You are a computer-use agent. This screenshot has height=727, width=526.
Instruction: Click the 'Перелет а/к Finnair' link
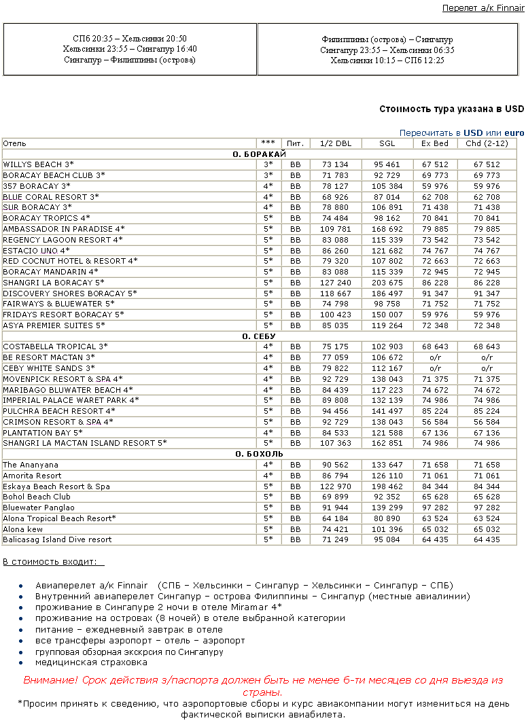483,8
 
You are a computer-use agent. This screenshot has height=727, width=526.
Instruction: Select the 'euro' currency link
514,132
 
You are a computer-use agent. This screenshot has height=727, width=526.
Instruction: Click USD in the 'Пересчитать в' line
473,132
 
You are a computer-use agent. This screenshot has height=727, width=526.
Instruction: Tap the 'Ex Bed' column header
435,143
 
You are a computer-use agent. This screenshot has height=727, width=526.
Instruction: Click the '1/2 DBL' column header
336,143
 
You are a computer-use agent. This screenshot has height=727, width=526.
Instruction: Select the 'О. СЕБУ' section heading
263,336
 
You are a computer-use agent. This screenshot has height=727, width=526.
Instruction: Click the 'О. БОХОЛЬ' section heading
263,454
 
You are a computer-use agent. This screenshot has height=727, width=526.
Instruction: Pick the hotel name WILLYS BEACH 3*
38,164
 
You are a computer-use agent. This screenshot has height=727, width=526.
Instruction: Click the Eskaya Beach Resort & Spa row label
56,486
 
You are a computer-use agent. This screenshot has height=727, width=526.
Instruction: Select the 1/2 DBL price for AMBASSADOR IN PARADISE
336,229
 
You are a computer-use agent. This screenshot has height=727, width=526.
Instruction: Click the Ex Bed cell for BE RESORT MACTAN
435,357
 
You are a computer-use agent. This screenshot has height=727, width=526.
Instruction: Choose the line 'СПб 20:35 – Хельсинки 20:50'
129,39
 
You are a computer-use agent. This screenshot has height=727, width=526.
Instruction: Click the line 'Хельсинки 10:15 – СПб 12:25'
387,60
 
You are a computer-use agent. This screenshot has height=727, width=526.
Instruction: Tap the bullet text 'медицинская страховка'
92,662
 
